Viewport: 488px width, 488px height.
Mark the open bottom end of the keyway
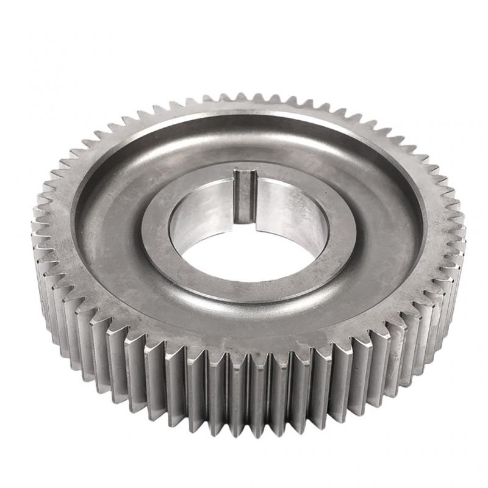(246, 220)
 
